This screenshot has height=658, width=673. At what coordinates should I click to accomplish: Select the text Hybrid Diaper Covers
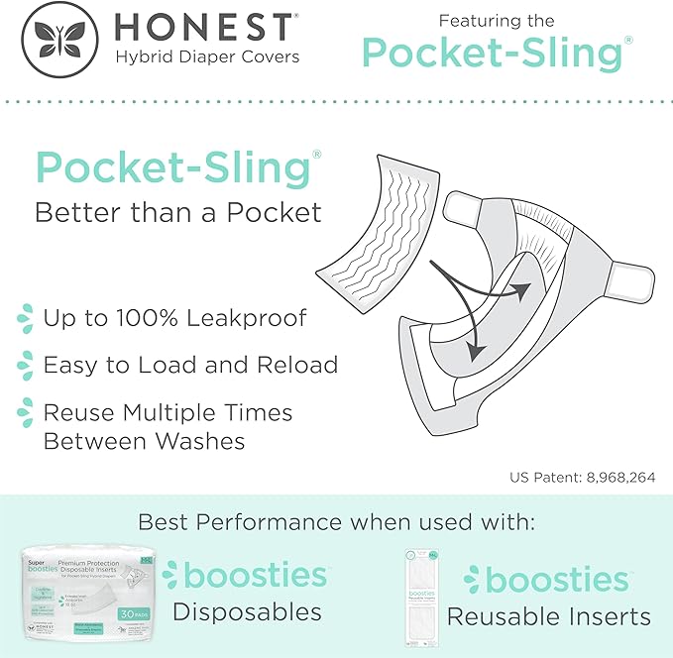coord(206,56)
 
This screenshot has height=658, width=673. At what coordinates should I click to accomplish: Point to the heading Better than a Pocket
coord(178,212)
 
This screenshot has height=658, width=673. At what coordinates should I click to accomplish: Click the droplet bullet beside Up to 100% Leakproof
coord(24,319)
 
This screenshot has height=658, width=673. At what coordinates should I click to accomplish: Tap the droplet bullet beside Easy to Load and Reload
coord(24,365)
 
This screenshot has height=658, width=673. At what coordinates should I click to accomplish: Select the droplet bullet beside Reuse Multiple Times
coord(24,411)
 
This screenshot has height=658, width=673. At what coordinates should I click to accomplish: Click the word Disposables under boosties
coord(247,611)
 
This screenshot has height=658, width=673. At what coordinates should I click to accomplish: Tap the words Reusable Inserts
coord(548,616)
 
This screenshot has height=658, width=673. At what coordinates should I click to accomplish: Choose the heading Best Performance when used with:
coord(336,521)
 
